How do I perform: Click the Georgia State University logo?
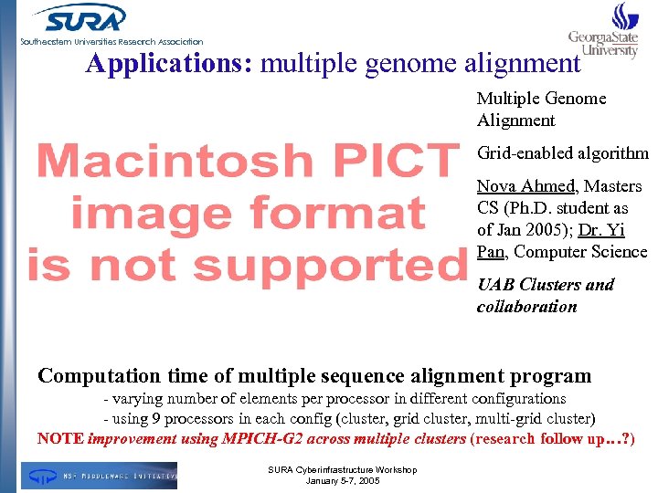[x=603, y=32]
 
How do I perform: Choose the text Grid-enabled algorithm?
[x=562, y=153]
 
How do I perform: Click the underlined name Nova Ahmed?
[x=525, y=186]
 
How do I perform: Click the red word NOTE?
[x=60, y=438]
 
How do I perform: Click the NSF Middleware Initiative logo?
[x=100, y=475]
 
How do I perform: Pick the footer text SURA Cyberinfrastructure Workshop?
[x=330, y=469]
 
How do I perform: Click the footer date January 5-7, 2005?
[x=330, y=480]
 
